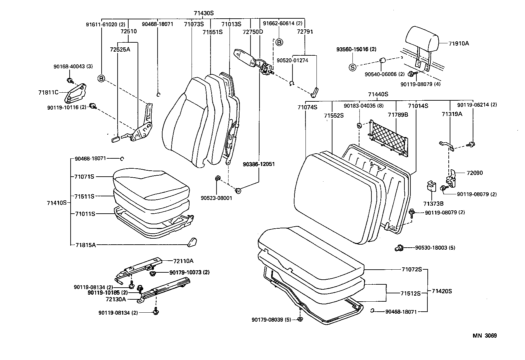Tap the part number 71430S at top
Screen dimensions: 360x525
tap(203, 13)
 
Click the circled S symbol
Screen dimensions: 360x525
tap(352, 67)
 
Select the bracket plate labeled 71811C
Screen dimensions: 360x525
tap(75, 94)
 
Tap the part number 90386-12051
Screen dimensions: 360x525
tap(259, 164)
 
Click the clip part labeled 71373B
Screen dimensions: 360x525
tap(431, 187)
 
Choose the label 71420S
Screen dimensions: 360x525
tap(442, 291)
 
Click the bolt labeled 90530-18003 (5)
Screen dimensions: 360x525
tap(398, 248)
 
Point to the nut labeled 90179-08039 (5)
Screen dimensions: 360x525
tap(300, 319)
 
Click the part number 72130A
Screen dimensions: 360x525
tap(116, 299)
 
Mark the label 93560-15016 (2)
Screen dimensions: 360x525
tap(356, 49)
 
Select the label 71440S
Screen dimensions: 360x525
tap(378, 94)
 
